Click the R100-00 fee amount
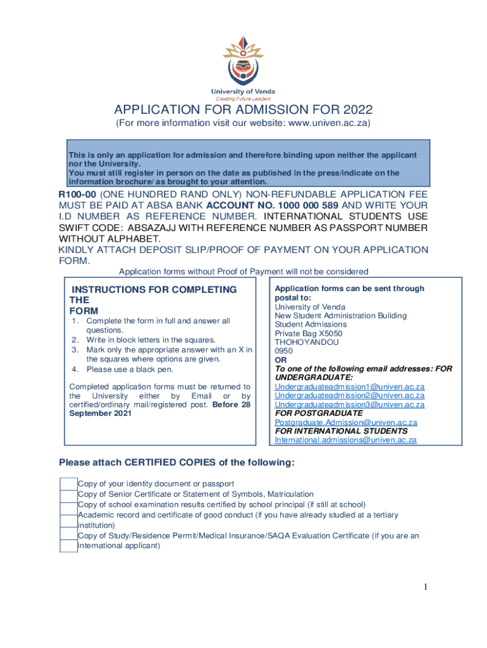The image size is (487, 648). point(78,195)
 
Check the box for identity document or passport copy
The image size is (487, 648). point(68,484)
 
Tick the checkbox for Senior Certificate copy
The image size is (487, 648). point(68,494)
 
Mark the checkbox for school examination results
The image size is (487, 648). point(68,505)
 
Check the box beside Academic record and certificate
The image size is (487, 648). point(68,515)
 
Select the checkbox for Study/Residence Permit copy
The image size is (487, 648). point(68,536)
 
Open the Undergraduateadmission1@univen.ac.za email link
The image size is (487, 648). point(349,386)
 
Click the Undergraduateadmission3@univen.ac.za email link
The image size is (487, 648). point(349,404)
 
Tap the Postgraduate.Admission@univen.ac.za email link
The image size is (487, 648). point(345,422)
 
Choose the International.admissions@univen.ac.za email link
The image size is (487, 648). point(345,440)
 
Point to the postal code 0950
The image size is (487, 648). point(284,351)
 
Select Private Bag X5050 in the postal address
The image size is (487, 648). point(309,333)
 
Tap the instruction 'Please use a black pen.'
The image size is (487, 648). point(129,370)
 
